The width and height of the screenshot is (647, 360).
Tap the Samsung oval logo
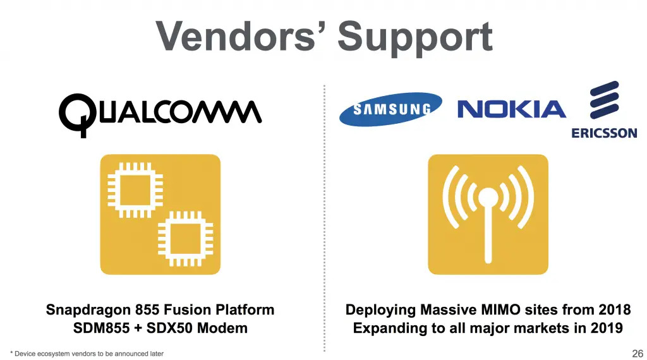(x=390, y=109)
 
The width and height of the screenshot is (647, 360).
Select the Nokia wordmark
(x=512, y=109)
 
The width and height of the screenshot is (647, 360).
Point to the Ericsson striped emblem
(x=605, y=100)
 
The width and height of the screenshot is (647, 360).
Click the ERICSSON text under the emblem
(x=604, y=133)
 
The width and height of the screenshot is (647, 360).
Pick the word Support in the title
(x=415, y=38)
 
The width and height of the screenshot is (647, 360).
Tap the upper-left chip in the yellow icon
(x=135, y=190)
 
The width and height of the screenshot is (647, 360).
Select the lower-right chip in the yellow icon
(x=186, y=239)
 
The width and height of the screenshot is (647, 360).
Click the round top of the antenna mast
(x=488, y=198)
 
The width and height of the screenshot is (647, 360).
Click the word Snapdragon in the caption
(x=88, y=310)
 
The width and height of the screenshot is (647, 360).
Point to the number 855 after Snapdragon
(x=147, y=309)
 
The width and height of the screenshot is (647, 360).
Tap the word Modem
(x=222, y=328)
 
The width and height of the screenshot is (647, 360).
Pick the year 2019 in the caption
(x=606, y=328)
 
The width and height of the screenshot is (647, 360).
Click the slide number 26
(x=638, y=354)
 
